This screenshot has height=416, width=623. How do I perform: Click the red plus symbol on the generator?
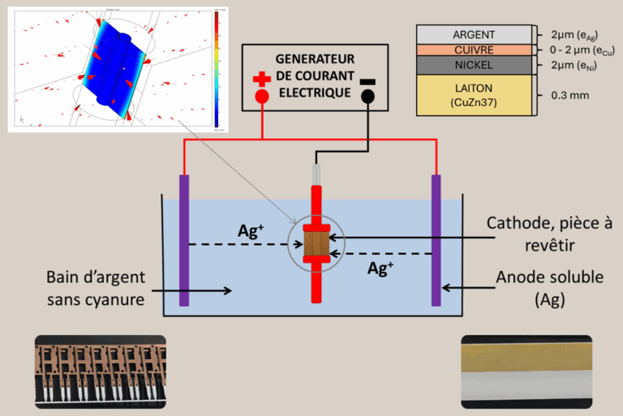coord(261,79)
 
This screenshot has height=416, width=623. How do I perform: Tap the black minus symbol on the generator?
coord(367,80)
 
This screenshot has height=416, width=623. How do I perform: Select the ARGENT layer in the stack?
coord(474,34)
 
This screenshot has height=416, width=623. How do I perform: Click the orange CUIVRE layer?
coord(474,49)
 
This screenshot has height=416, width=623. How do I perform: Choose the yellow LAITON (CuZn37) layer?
coord(474,94)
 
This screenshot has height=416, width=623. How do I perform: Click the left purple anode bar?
coord(184,240)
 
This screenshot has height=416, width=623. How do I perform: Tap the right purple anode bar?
coord(436,240)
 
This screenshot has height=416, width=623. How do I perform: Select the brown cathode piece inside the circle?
coord(315,242)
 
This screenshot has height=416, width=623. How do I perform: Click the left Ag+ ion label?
coord(250,230)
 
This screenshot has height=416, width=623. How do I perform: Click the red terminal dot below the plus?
coord(261,96)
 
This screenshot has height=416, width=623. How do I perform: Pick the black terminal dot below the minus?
coord(367,96)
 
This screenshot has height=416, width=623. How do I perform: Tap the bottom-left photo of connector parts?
coord(100,371)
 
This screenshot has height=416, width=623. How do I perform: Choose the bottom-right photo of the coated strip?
coord(526,371)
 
